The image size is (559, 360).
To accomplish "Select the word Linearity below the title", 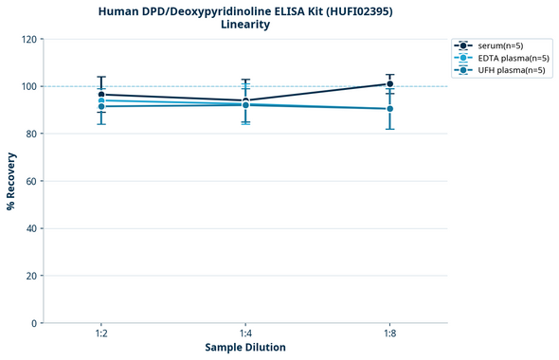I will click(x=244, y=25).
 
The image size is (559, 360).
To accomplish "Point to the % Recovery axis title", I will click(x=11, y=180).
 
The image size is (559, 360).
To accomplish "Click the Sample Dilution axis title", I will click(x=245, y=348).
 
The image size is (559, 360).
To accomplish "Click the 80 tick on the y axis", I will click(x=30, y=135).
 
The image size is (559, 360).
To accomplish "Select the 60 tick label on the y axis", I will click(x=30, y=182).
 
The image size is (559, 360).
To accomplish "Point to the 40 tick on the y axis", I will click(x=30, y=229).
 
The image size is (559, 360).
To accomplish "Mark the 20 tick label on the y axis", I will click(x=30, y=277).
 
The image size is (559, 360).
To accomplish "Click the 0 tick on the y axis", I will click(x=33, y=324).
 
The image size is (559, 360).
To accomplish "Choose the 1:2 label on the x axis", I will click(x=100, y=333).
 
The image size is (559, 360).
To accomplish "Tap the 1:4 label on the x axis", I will click(x=245, y=333).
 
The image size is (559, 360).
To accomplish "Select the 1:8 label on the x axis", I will click(x=390, y=333).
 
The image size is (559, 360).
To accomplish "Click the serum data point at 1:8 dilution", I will click(x=390, y=84).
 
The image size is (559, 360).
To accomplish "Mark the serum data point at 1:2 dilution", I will click(x=101, y=95).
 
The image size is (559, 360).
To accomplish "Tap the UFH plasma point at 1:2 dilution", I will click(x=101, y=106).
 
